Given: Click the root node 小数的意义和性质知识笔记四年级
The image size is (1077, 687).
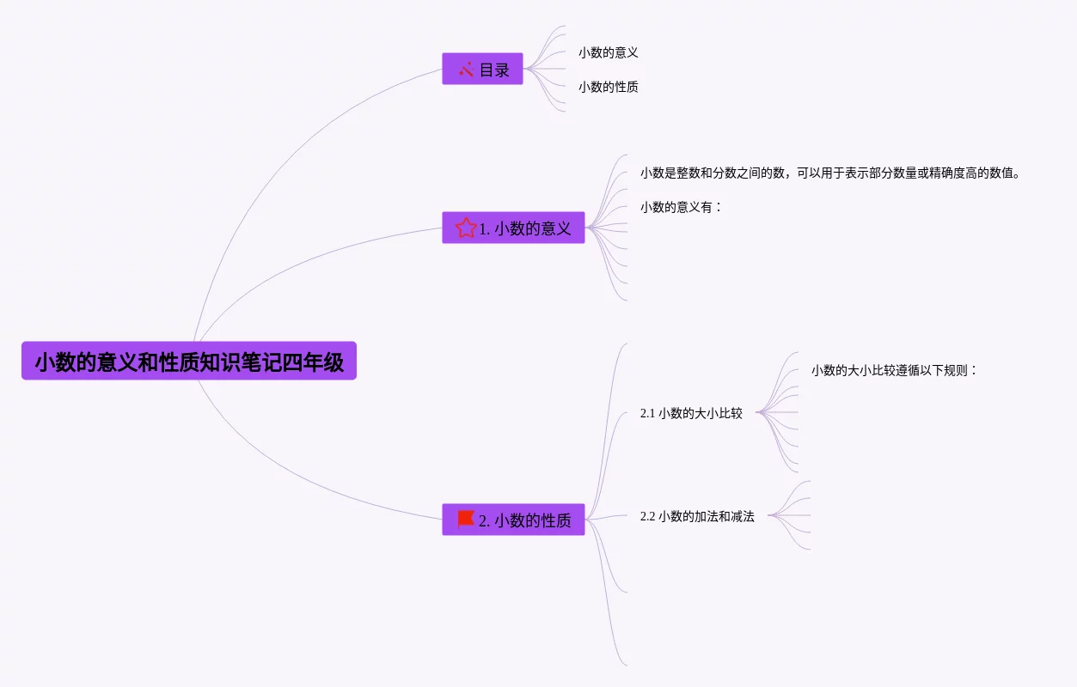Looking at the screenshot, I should point(188,362).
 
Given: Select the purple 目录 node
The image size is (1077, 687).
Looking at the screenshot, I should point(482,70).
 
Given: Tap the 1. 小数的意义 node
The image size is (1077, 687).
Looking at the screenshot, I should point(513,228).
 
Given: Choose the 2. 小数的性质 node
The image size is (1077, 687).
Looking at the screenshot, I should point(513,520).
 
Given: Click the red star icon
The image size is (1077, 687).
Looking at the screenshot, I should point(466,228).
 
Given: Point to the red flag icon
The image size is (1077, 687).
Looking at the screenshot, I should point(466,519).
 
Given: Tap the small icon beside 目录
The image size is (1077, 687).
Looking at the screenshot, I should point(467,70).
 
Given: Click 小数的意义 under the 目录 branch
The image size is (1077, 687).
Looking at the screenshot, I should point(608,52).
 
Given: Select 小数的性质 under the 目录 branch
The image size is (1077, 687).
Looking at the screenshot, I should point(608,87).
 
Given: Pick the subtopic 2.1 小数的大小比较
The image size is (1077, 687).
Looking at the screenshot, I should point(691,413).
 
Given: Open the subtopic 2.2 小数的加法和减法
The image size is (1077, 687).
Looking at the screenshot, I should point(697,517).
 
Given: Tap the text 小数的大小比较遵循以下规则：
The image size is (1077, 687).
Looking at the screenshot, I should point(895,371).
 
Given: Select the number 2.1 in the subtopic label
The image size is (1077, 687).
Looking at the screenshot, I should point(647,413).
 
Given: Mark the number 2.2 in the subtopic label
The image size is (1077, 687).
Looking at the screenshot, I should point(647,517).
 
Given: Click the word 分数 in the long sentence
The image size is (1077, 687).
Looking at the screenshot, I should point(725,173).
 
